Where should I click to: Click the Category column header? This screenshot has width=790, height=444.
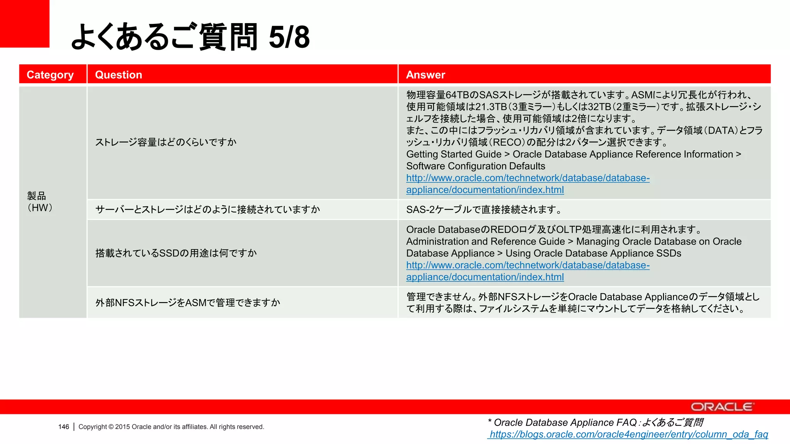tap(50, 75)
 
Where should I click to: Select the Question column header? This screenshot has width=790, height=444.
tap(118, 75)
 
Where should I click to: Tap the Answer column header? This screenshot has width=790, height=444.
tap(425, 75)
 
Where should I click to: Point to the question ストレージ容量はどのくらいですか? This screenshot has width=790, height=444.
tap(166, 142)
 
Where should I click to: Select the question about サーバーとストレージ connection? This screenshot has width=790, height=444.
tap(208, 209)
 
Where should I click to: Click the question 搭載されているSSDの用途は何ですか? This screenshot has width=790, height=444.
tap(176, 253)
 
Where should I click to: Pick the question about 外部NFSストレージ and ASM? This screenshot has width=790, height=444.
tap(187, 303)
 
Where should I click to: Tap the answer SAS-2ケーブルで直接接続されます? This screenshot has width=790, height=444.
tap(484, 209)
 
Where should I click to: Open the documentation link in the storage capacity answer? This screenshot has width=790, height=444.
tap(527, 184)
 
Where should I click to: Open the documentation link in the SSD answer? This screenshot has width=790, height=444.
tap(527, 271)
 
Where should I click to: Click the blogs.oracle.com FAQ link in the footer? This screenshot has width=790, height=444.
tap(628, 434)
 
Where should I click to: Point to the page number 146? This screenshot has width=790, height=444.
tap(64, 427)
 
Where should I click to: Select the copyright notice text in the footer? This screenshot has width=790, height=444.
tap(171, 427)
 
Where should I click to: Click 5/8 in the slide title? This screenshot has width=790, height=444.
tap(289, 37)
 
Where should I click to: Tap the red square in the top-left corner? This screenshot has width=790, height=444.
tap(24, 23)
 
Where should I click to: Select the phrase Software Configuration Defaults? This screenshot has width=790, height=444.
tap(476, 166)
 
